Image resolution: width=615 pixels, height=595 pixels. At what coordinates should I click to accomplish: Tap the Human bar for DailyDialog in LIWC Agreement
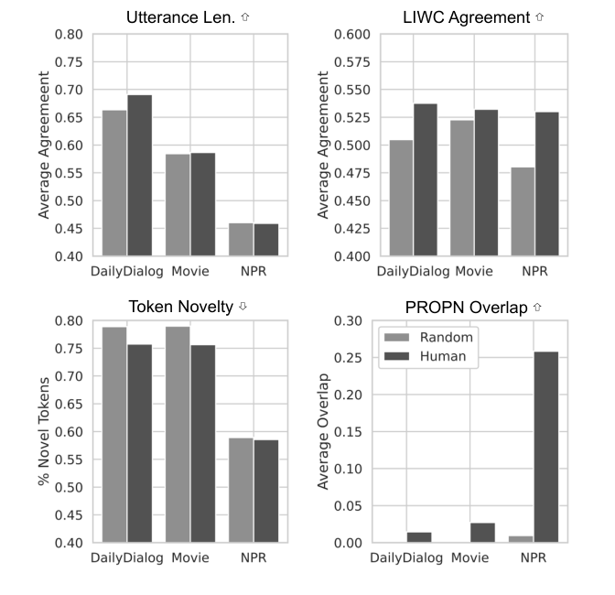click(x=426, y=180)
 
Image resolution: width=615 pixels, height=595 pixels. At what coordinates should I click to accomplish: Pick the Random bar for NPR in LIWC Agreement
click(x=523, y=211)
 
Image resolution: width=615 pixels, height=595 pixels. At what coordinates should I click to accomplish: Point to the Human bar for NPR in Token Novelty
click(x=266, y=492)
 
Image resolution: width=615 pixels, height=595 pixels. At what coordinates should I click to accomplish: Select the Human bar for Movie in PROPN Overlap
click(x=482, y=533)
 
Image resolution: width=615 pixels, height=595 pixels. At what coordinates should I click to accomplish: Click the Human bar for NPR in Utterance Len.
click(x=266, y=240)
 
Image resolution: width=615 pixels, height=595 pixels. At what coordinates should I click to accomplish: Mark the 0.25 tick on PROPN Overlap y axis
click(x=351, y=358)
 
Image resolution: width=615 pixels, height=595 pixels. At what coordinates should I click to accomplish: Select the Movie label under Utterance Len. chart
click(x=189, y=271)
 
